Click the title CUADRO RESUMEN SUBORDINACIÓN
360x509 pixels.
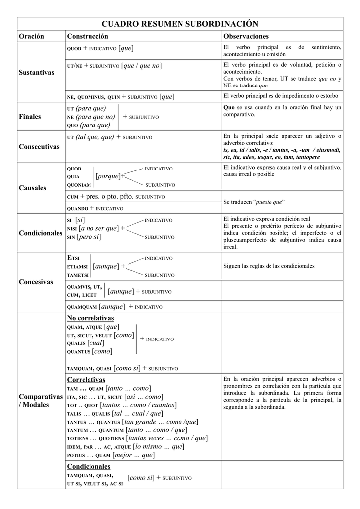pyautogui.click(x=180, y=24)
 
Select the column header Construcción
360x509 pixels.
pyautogui.click(x=87, y=37)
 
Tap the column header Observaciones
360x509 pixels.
pyautogui.click(x=246, y=37)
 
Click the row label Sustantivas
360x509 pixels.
pyautogui.click(x=36, y=73)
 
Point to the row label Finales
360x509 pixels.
pyautogui.click(x=30, y=117)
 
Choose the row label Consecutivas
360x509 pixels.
pyautogui.click(x=39, y=147)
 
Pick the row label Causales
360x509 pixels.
pyautogui.click(x=32, y=188)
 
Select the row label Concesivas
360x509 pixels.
pyautogui.click(x=36, y=282)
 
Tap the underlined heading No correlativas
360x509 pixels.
pyautogui.click(x=90, y=318)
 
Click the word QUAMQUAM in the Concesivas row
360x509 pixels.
pyautogui.click(x=81, y=307)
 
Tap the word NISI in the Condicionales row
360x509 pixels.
pyautogui.click(x=71, y=229)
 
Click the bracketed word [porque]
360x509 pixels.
pyautogui.click(x=107, y=176)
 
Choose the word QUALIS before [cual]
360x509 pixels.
pyautogui.click(x=76, y=343)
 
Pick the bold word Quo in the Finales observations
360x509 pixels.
pyautogui.click(x=229, y=107)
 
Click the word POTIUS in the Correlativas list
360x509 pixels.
pyautogui.click(x=75, y=456)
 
